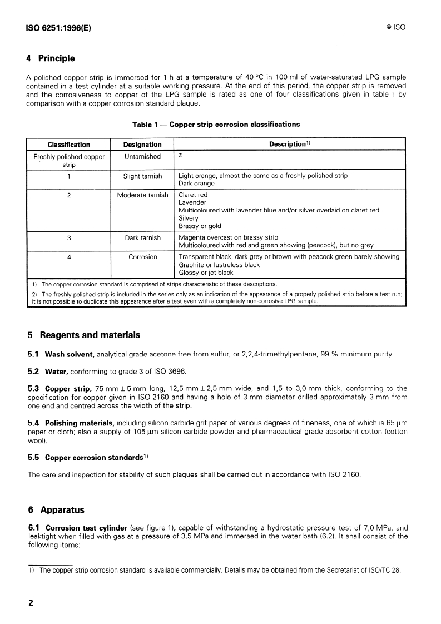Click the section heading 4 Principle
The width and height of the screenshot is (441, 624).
(x=51, y=58)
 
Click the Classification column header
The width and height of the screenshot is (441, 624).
(x=69, y=145)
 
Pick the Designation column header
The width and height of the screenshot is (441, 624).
(x=142, y=145)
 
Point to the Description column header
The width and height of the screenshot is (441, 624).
(x=289, y=145)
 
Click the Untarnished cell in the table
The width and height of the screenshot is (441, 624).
(x=142, y=157)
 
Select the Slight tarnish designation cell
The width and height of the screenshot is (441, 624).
(x=142, y=176)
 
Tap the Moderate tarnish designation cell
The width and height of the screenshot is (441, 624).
(x=142, y=195)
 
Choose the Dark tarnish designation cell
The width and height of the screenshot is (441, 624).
(x=142, y=238)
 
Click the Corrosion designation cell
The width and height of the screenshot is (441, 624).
(x=142, y=257)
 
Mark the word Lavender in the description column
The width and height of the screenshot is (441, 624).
(x=192, y=203)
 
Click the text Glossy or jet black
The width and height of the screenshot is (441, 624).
(x=206, y=273)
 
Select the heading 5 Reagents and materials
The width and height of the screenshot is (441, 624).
(x=83, y=335)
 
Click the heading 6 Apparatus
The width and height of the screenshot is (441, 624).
(x=58, y=509)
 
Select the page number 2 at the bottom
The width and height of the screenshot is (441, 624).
(x=31, y=603)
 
